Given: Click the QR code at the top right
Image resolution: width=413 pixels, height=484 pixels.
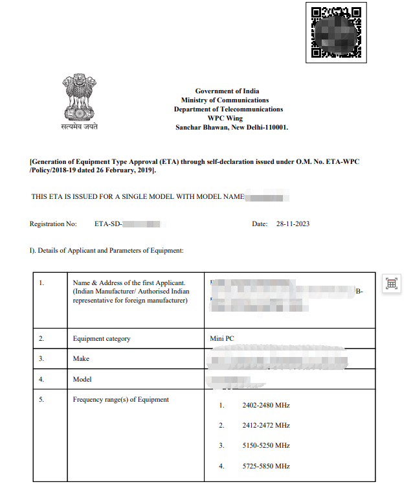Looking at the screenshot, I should click(335, 32).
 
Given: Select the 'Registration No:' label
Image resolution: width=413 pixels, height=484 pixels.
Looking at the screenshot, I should click(53, 224).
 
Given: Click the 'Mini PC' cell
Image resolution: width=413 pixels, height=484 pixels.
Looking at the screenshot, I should click(222, 338).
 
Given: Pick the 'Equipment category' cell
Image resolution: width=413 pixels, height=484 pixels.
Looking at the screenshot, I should click(102, 338).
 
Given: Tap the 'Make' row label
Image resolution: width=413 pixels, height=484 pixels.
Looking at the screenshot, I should click(81, 358).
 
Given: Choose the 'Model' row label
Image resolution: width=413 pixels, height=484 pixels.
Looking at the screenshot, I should click(82, 379).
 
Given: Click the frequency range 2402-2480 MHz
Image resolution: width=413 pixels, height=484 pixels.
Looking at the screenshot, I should click(265, 406).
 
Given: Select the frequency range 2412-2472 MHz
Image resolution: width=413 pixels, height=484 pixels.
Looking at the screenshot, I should click(265, 426).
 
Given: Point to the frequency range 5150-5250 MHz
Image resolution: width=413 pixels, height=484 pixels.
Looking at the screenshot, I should click(265, 446).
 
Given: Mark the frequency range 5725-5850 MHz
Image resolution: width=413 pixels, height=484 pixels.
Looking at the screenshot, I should click(265, 466).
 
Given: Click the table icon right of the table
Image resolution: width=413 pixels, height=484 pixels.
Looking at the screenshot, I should click(392, 283).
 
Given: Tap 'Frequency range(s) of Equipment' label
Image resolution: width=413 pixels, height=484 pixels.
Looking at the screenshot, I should click(121, 400).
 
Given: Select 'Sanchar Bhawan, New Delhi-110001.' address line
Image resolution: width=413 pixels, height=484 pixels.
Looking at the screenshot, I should click(232, 128).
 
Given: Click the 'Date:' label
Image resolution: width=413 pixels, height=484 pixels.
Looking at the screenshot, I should click(260, 224).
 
